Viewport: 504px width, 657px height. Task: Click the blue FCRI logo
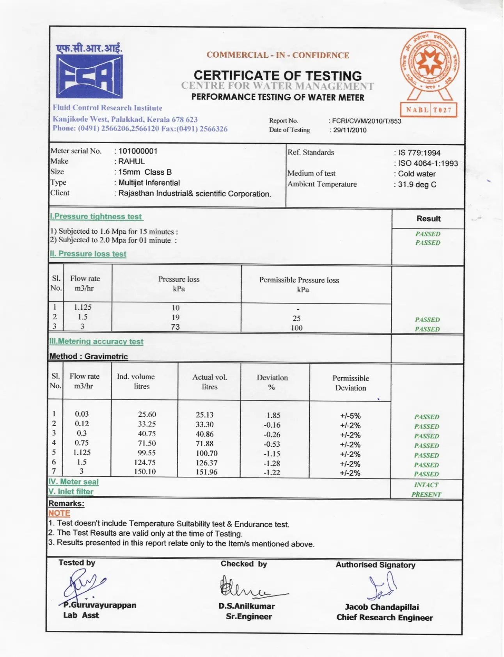click(x=89, y=76)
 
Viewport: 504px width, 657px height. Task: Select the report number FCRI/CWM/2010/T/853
click(x=366, y=121)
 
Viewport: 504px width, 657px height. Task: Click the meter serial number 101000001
click(x=138, y=151)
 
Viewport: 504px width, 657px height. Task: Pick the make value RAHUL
click(x=131, y=162)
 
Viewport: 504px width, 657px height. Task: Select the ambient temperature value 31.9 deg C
click(x=417, y=185)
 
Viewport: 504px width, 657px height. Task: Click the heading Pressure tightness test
click(x=96, y=217)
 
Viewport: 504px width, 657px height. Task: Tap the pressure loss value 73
click(x=176, y=327)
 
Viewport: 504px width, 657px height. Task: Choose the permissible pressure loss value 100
click(x=297, y=328)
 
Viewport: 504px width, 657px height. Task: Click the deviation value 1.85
click(x=273, y=416)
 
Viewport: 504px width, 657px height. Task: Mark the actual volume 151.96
click(x=207, y=472)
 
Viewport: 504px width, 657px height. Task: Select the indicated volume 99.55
click(x=147, y=453)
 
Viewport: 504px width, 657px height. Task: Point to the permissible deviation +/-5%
click(x=350, y=416)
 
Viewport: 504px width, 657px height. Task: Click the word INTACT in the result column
click(x=426, y=485)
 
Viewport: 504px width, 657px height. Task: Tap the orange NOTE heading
click(x=59, y=513)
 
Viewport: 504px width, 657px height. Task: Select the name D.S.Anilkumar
click(x=247, y=606)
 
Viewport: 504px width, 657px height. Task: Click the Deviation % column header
click(x=272, y=382)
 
